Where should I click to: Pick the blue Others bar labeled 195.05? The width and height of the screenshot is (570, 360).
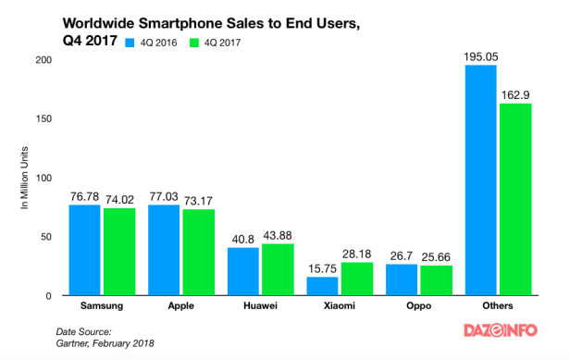[x=481, y=180]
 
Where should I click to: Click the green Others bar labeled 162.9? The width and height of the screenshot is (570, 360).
[x=514, y=199]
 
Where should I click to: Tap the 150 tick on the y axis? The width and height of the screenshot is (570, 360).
[x=43, y=118]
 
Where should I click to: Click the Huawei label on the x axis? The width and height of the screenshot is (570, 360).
[x=260, y=304]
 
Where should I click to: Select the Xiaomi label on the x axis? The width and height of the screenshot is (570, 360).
[x=340, y=304]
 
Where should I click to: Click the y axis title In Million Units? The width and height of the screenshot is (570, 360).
[x=25, y=178]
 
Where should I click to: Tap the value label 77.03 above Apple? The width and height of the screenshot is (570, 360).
[x=165, y=196]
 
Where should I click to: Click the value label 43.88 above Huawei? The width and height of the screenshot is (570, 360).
[x=278, y=236]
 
